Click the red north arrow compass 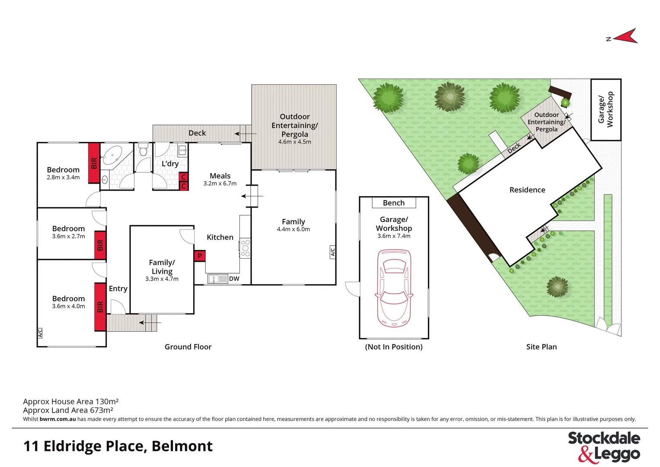pos(625,37)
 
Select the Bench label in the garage pos(394,203)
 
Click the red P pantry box pos(200,256)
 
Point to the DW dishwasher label pos(234,279)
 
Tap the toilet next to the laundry pos(143,151)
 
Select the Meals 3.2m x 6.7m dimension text pos(220,183)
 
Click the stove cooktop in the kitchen pos(245,248)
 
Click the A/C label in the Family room pos(332,252)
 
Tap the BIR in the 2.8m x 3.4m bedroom pos(94,163)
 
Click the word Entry pos(118,288)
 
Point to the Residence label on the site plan pos(527,190)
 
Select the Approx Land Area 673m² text pos(68,410)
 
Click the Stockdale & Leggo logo pos(604,446)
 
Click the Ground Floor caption pos(188,347)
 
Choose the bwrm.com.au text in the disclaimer pos(57,419)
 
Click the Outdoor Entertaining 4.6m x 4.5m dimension pos(294,142)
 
